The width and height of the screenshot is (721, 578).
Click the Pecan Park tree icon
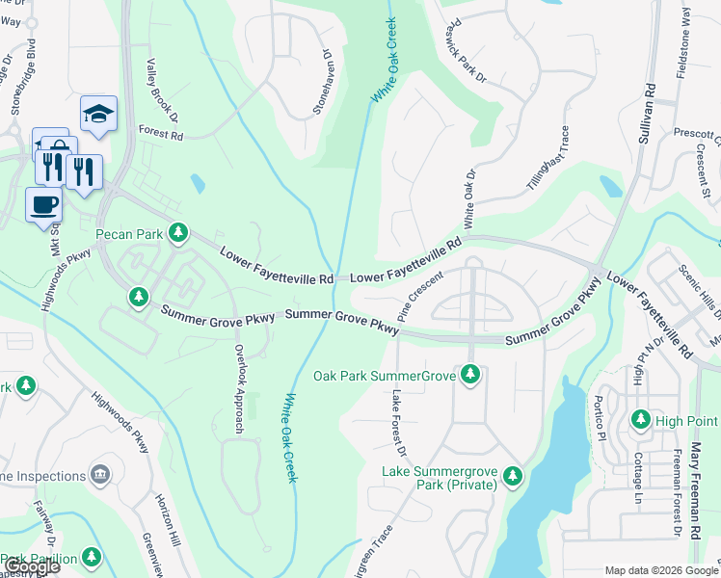[x=178, y=232]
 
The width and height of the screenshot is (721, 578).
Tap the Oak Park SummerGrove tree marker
[x=470, y=373]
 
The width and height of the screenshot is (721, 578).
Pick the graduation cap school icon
[x=98, y=114]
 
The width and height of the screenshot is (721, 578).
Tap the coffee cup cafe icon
[x=43, y=204]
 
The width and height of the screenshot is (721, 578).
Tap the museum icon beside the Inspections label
[x=98, y=474]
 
